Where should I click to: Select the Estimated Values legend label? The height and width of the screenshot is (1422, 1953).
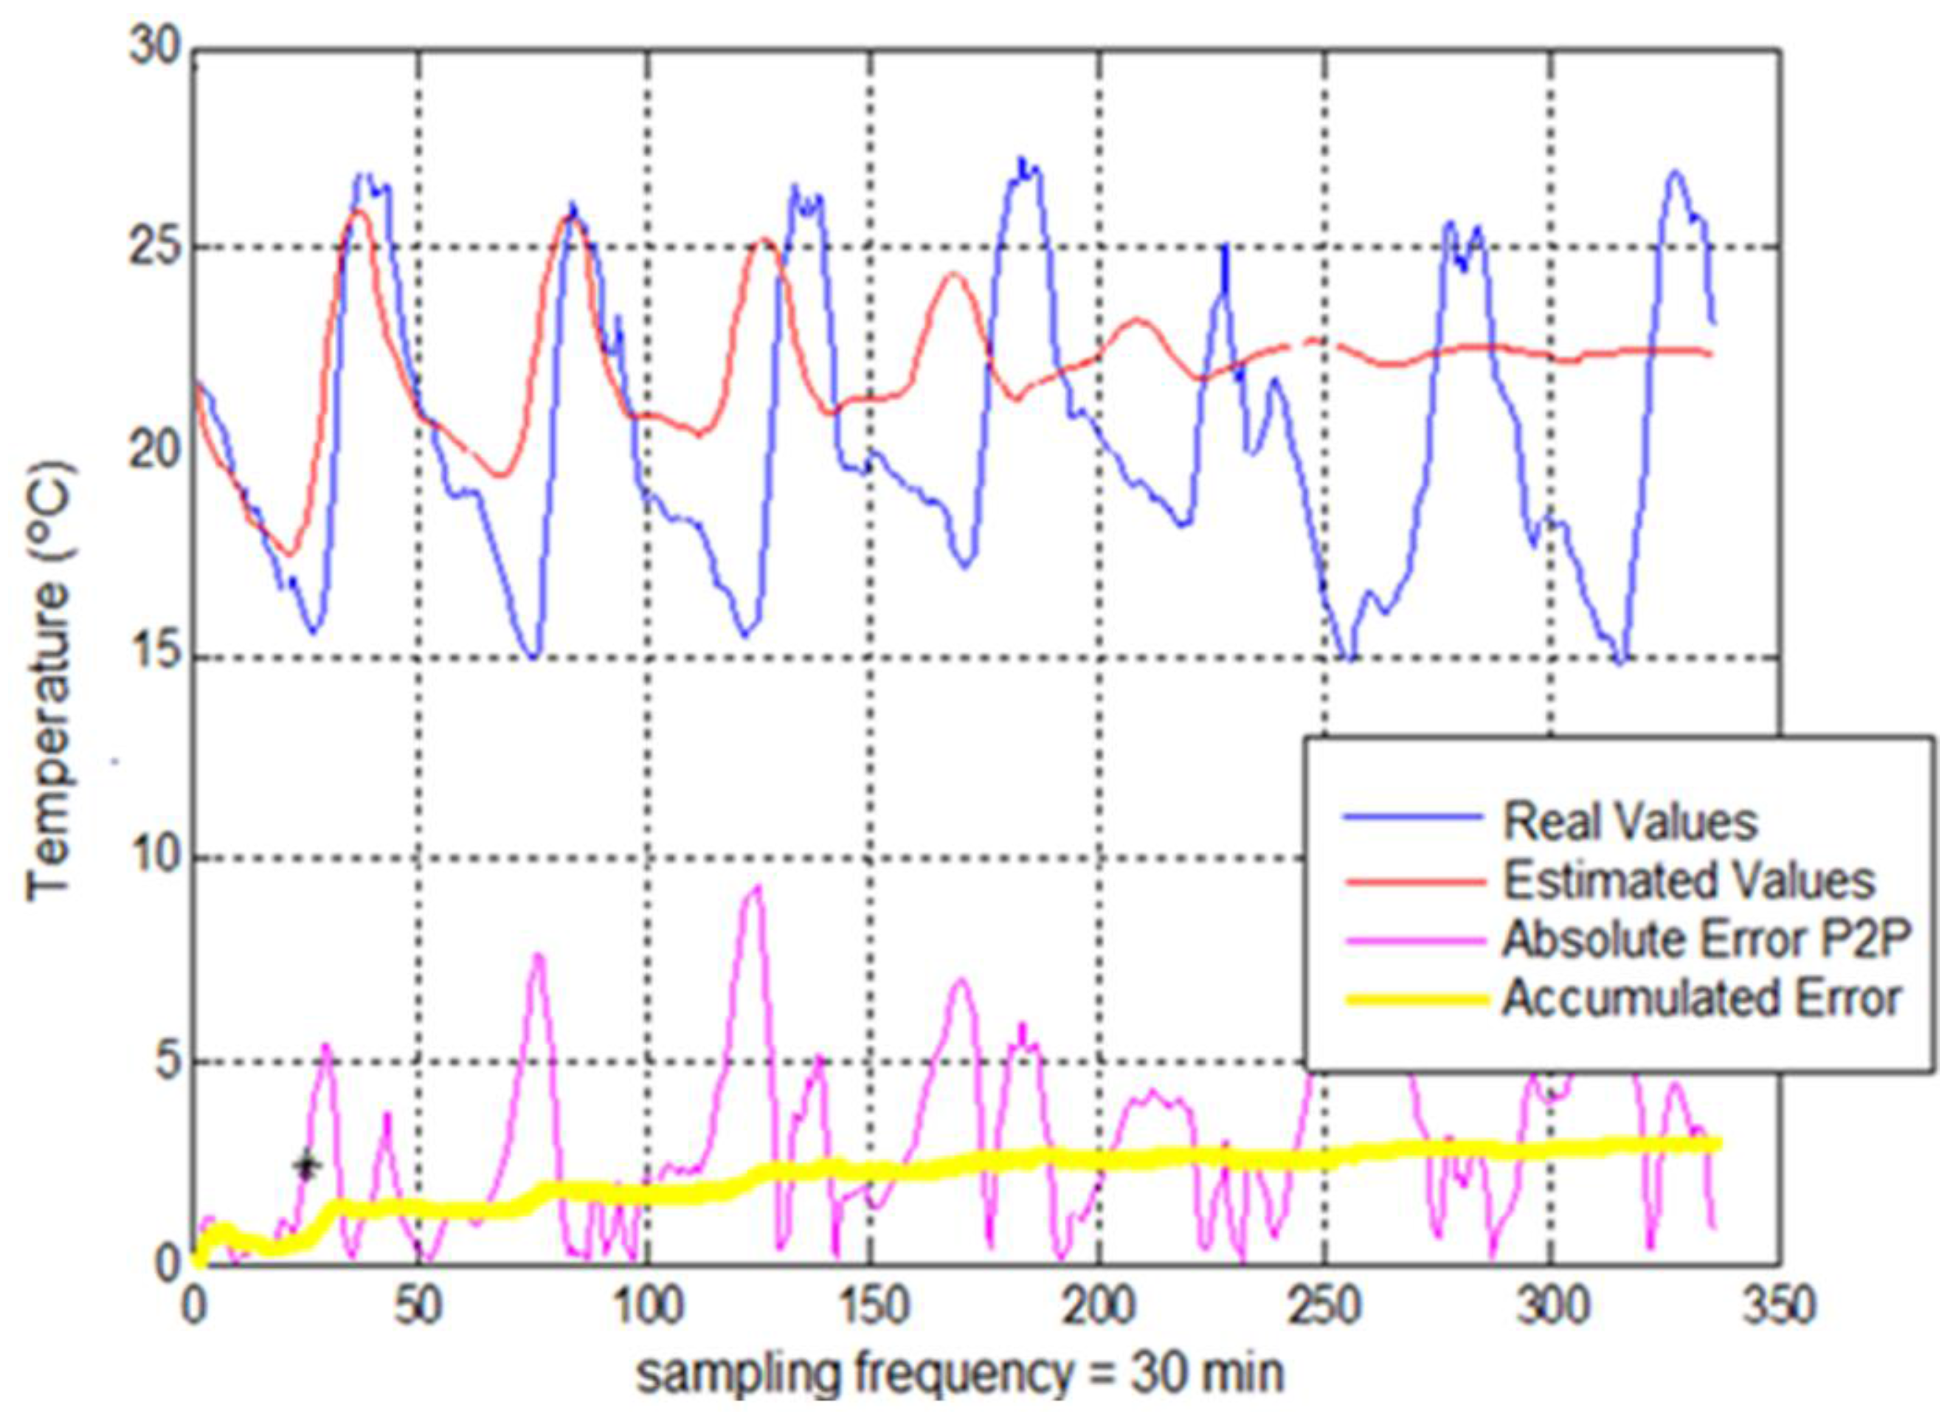tap(1689, 881)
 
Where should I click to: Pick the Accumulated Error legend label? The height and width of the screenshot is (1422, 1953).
tap(1701, 998)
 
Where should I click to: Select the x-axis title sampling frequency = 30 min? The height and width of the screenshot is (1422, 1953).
tap(959, 1375)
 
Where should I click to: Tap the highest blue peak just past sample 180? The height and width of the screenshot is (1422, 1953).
tap(1021, 160)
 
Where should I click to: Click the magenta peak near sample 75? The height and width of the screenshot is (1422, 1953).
tap(537, 955)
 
